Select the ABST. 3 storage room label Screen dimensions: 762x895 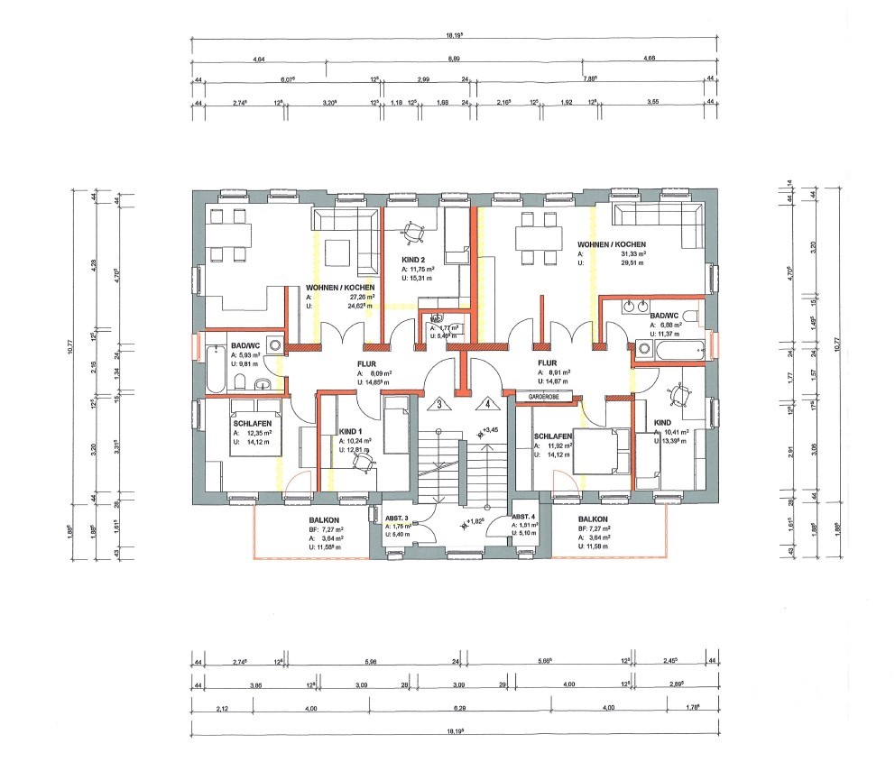[397, 518]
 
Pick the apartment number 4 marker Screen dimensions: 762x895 [487, 403]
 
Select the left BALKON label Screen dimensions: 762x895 [324, 519]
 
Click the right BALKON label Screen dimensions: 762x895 [593, 519]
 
